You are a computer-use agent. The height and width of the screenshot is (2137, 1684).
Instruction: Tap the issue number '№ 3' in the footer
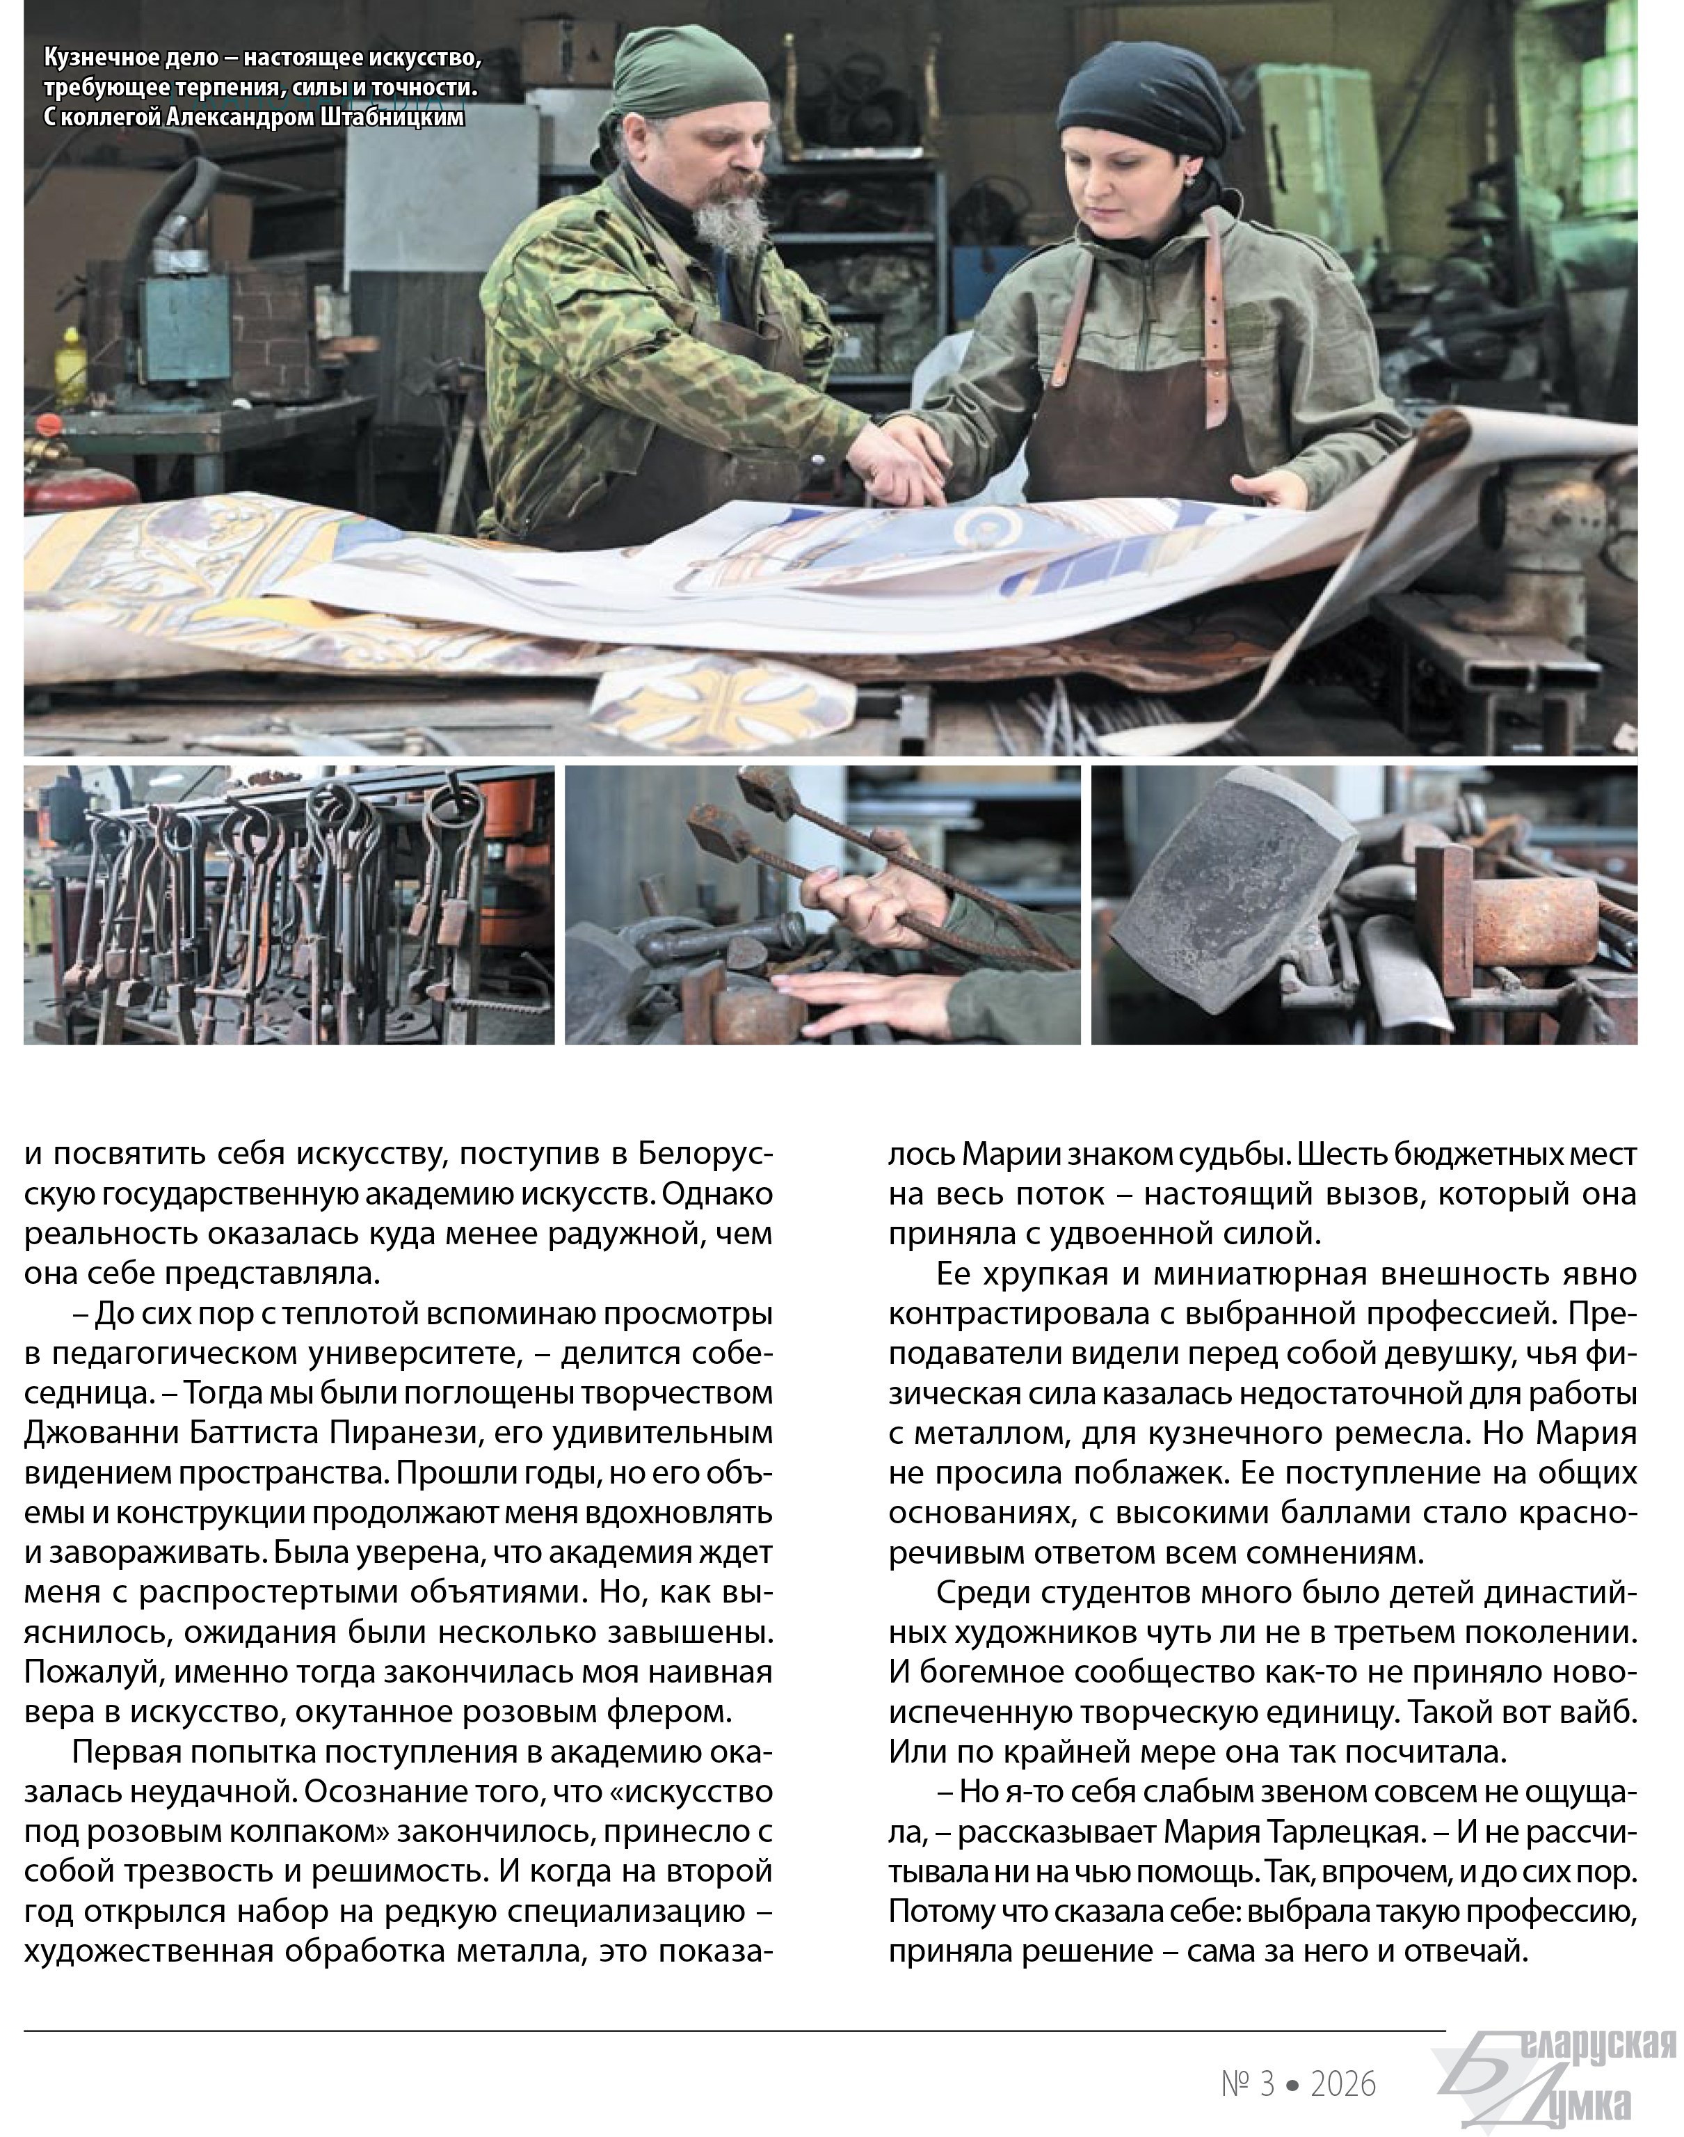tap(1247, 2083)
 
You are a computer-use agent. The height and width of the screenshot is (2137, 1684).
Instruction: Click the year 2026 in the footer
tap(1343, 2083)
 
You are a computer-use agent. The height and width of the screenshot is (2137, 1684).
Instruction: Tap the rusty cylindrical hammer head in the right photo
tap(1532, 921)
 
